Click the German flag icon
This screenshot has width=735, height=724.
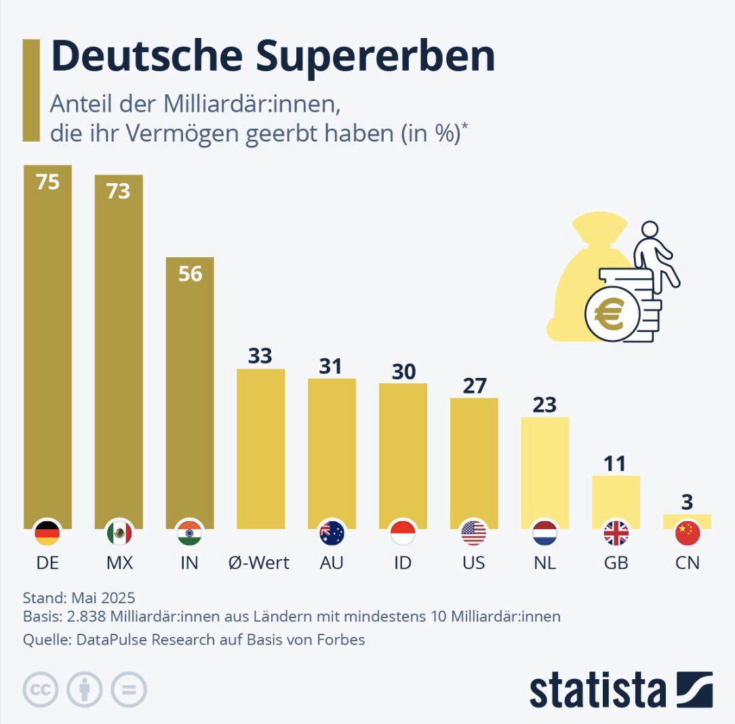pos(47,533)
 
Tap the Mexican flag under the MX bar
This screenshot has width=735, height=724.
pos(119,533)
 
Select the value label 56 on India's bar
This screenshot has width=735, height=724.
pos(190,273)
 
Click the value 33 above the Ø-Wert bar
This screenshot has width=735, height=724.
pos(260,356)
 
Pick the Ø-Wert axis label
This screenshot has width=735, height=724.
pos(260,563)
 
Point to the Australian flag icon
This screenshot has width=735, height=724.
pos(332,533)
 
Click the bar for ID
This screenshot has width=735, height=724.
pos(403,455)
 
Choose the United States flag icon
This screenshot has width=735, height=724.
pos(474,533)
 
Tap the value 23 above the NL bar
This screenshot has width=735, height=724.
pos(544,404)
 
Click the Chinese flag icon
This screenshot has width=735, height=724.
pos(687,533)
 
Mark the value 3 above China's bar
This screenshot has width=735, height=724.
pos(687,502)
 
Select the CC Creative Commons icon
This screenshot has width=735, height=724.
pos(40,691)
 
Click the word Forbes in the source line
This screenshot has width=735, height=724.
pos(342,639)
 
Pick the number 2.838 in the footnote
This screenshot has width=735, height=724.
pos(84,617)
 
